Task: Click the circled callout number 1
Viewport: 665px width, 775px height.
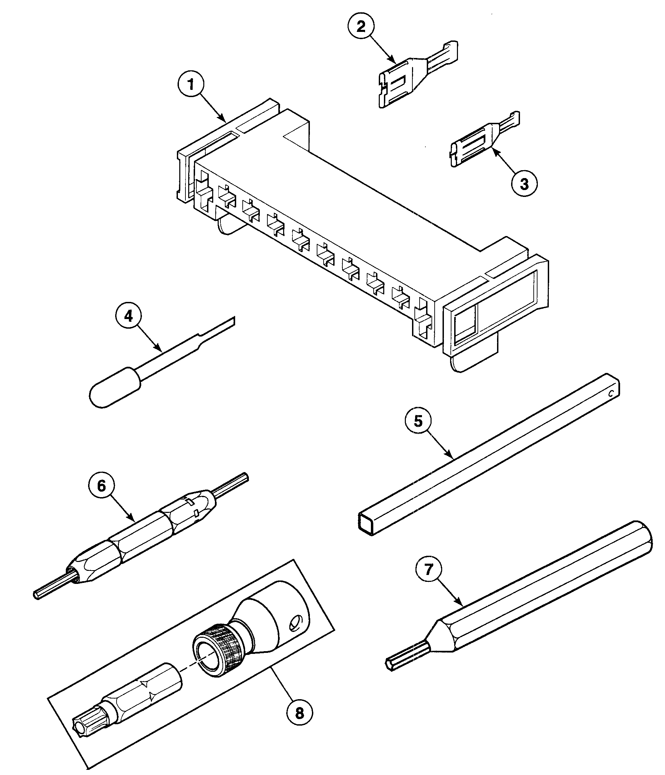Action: point(191,85)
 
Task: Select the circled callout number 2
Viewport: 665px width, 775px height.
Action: point(361,27)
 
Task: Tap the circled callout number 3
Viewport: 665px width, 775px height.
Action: point(524,184)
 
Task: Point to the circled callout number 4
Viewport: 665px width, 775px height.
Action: point(128,316)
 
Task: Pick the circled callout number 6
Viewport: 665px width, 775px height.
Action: point(101,485)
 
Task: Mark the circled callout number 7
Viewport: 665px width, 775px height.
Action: point(429,569)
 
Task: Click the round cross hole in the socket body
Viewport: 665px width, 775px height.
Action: point(296,623)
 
